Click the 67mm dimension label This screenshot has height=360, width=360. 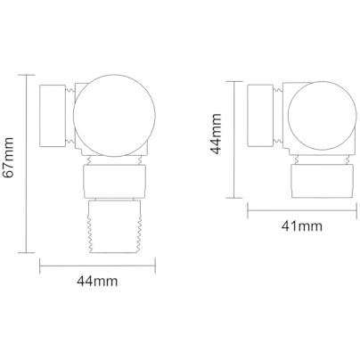(x=8, y=158)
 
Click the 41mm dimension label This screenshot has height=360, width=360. (x=302, y=226)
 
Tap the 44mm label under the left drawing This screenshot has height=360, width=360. (x=97, y=281)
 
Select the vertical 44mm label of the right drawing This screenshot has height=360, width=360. (x=216, y=134)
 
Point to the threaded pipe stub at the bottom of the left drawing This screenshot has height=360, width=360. (x=115, y=226)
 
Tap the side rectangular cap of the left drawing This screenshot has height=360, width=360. (x=53, y=116)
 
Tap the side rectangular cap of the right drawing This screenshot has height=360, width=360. (x=260, y=116)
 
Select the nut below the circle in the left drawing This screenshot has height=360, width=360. (x=114, y=182)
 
